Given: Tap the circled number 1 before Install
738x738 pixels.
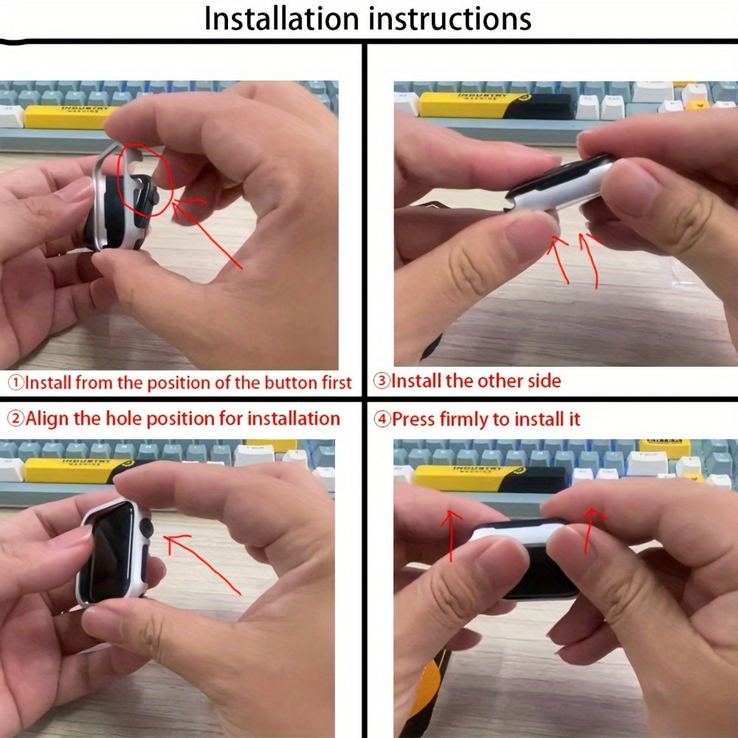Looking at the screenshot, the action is tap(16, 382).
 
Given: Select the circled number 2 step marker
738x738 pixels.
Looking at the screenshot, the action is tap(16, 418).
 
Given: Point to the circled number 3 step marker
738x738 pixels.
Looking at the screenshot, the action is tap(382, 380).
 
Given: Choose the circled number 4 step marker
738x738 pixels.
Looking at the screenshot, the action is tap(382, 418).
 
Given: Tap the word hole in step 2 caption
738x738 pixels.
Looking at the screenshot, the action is tap(120, 418).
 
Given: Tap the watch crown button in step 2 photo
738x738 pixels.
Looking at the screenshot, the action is tap(146, 528).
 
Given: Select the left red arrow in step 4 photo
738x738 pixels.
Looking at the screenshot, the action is tap(452, 536).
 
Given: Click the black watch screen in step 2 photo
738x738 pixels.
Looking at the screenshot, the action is tap(113, 551).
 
